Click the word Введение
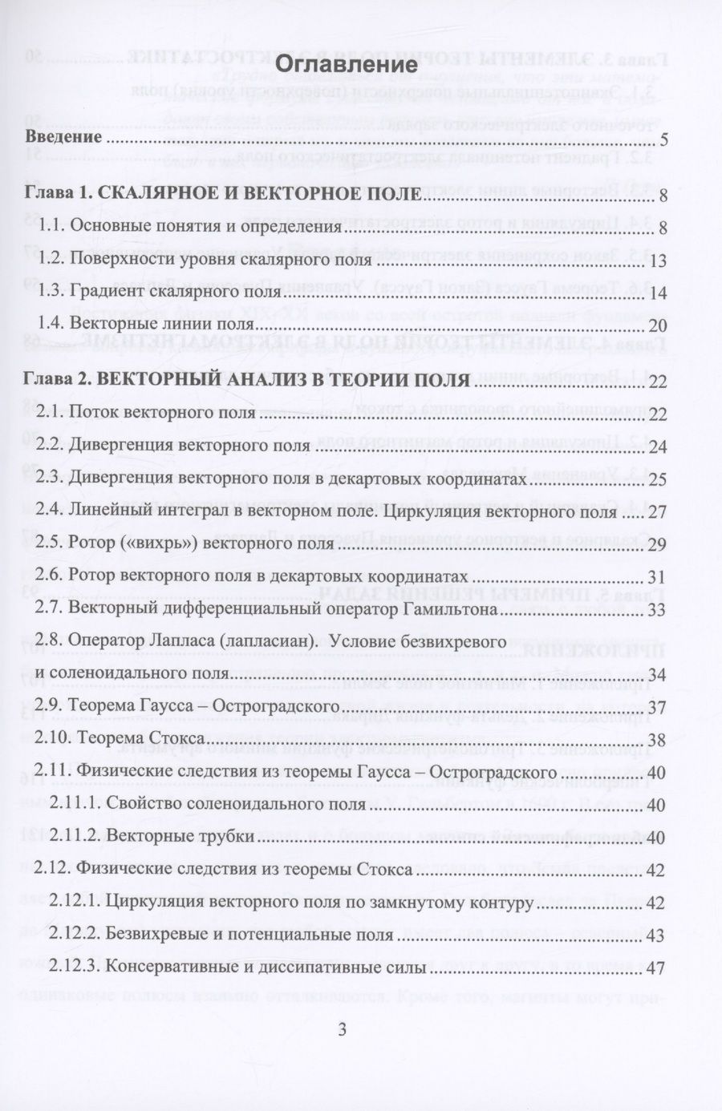pyautogui.click(x=63, y=136)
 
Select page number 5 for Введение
pyautogui.click(x=664, y=141)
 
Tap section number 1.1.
pyautogui.click(x=52, y=227)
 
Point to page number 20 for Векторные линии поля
pyautogui.click(x=659, y=325)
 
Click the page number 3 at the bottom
pyautogui.click(x=342, y=1031)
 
